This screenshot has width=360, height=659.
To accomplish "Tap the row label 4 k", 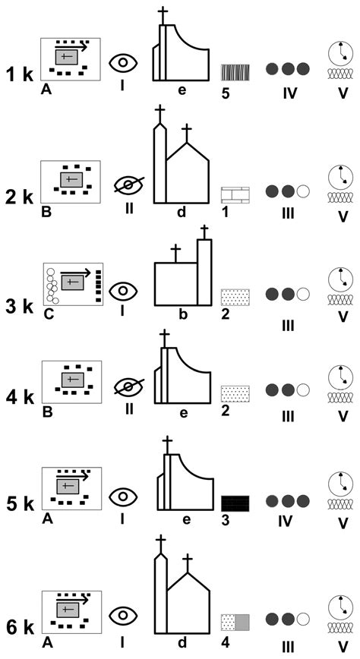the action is click(x=20, y=397).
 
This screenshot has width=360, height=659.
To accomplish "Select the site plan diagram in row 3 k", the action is click(x=73, y=284).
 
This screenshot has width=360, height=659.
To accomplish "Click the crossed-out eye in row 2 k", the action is click(x=130, y=185).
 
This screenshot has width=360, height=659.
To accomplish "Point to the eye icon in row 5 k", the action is click(x=123, y=497).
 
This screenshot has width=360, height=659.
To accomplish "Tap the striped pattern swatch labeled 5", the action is click(x=235, y=72).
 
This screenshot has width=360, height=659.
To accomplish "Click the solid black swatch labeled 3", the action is click(x=235, y=503).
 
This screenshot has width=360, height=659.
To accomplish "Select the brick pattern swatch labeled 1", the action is click(x=235, y=195).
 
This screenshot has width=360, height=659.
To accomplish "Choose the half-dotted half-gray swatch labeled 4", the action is click(x=235, y=622).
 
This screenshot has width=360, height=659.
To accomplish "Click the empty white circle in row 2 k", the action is click(x=303, y=191).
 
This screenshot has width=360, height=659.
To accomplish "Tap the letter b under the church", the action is click(x=183, y=314).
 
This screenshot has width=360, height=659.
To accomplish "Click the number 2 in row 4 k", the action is click(x=226, y=411).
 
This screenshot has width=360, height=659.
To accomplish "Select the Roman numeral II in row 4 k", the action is click(x=129, y=408).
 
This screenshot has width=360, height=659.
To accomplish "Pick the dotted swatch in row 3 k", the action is click(x=235, y=297).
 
